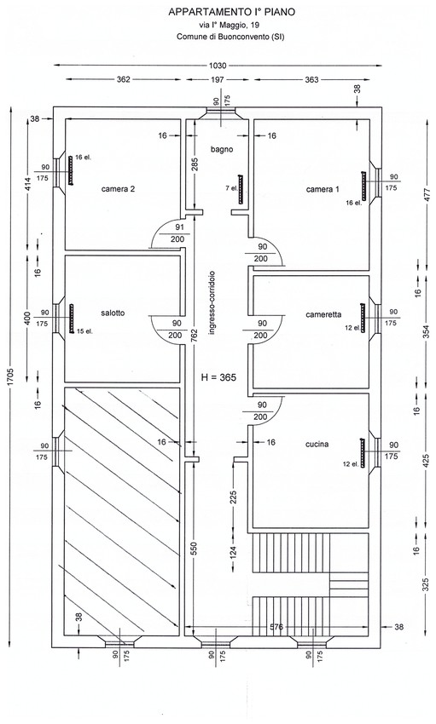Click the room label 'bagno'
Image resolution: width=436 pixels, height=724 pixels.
[x=222, y=150]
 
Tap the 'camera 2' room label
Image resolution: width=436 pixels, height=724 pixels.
[x=119, y=188]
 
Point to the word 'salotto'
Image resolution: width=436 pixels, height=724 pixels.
[x=113, y=313]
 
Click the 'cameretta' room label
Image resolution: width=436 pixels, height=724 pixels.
[x=323, y=315]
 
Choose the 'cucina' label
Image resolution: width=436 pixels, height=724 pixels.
[x=317, y=444]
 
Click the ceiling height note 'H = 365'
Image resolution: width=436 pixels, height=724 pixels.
[x=218, y=377]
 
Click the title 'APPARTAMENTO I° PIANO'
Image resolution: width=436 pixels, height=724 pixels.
[x=231, y=13]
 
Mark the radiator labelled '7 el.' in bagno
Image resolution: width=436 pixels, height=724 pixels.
[x=240, y=189]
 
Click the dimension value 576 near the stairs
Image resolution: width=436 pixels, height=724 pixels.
[x=277, y=627]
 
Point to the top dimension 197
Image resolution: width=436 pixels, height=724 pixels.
[x=218, y=80]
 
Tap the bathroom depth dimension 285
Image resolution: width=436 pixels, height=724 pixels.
[x=195, y=165]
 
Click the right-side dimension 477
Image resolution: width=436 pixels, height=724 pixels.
[x=427, y=194]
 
